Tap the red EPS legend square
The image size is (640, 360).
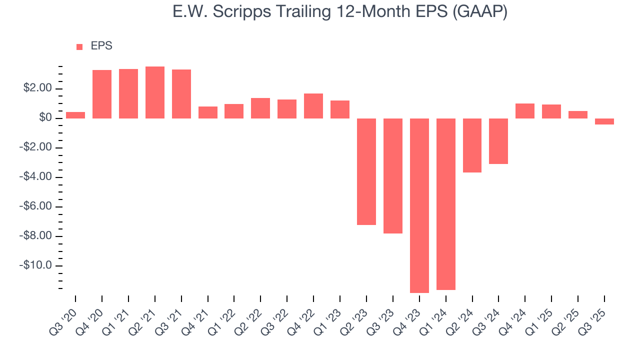click(79, 46)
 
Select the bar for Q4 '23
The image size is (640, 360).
click(419, 205)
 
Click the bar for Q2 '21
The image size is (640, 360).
click(155, 92)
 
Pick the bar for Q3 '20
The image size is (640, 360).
click(75, 115)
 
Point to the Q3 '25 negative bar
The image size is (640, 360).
click(604, 121)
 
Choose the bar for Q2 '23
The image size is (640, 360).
click(366, 171)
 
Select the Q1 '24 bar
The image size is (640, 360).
click(446, 204)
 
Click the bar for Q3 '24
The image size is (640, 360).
click(498, 141)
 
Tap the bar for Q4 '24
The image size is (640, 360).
click(525, 111)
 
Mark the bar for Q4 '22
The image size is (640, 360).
click(313, 106)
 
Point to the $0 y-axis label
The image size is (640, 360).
click(44, 118)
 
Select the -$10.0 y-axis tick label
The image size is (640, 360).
click(35, 265)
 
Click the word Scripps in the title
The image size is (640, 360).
click(241, 12)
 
